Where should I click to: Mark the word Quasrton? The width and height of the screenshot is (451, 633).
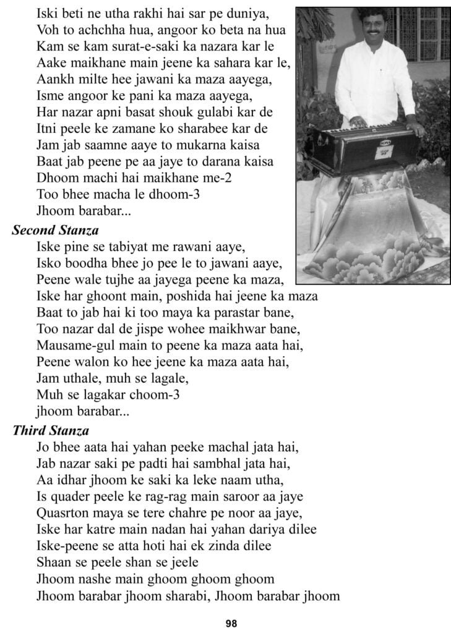pyautogui.click(x=61, y=512)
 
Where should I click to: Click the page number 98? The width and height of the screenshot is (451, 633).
pyautogui.click(x=231, y=622)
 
